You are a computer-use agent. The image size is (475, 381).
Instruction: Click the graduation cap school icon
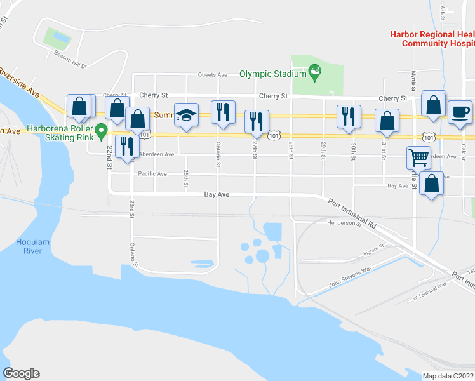coord(186,115)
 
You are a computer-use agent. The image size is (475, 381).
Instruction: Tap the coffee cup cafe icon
coord(460,112)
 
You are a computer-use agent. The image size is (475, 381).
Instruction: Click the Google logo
coord(21,373)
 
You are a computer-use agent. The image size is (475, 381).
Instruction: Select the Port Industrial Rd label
coord(352,213)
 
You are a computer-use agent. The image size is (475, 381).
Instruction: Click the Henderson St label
coord(344,223)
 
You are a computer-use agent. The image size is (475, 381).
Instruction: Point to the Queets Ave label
coord(213,74)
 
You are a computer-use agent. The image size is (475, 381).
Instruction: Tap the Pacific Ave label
coord(152,173)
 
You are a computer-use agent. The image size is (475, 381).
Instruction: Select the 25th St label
coord(185,173)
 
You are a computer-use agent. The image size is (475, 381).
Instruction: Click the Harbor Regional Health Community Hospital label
coord(432,39)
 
